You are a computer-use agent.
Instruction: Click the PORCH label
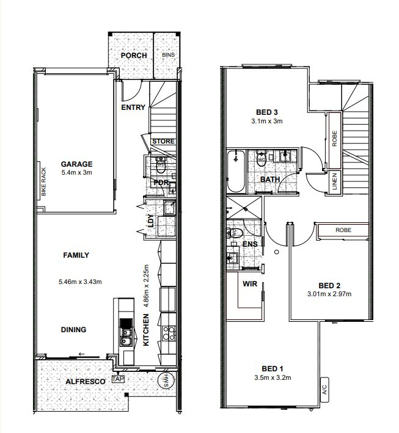pos(134,56)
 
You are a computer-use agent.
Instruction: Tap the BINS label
pos(168,55)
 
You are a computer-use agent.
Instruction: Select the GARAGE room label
pos(76,164)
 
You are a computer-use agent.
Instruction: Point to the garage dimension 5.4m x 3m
pos(76,173)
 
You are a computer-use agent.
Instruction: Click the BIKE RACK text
pos(43,182)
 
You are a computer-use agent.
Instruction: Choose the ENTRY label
pos(133,107)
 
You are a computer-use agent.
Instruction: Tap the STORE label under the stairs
pos(163,142)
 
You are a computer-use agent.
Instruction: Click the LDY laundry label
pos(151,220)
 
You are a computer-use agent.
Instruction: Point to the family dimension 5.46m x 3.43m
pos(80,282)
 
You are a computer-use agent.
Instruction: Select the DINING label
pos(73,329)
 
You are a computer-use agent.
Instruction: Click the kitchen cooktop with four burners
pos(169,333)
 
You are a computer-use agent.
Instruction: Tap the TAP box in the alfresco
pos(118,379)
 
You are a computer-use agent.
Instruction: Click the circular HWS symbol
pos(166,381)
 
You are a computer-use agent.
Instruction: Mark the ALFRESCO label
pos(86,382)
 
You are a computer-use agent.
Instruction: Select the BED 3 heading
pos(266,112)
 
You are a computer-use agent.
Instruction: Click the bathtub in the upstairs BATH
pos(236,171)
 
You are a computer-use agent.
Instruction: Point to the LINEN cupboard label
pos(334,181)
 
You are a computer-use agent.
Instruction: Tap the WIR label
pos(250,284)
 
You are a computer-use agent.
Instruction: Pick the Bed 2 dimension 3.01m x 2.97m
pos(329,294)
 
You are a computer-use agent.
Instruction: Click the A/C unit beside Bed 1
pos(324,390)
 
